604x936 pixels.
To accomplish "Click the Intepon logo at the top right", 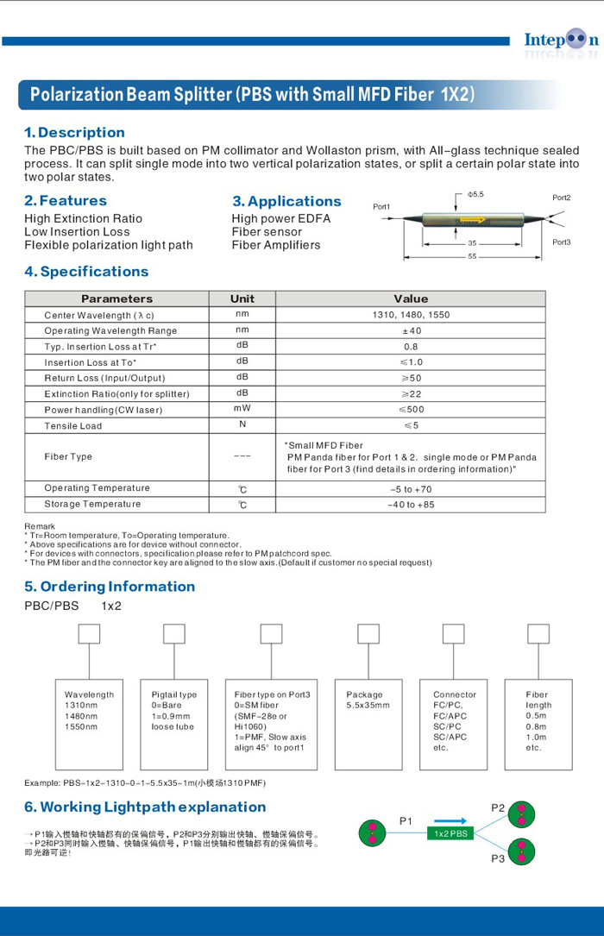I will coord(560,41).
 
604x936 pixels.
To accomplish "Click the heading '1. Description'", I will coord(74,133).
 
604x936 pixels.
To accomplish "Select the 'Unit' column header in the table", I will coord(242,298).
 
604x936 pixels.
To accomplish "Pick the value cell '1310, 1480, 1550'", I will coord(411,315).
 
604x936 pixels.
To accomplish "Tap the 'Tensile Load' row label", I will coord(73,426).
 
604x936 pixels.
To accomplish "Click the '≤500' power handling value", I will coord(411,410).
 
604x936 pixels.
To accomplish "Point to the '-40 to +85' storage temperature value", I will coord(411,505).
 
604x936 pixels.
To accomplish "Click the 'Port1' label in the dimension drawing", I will coord(381,207).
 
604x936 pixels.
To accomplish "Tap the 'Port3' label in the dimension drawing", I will coord(562,242).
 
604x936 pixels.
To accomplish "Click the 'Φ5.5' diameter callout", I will coord(475,195).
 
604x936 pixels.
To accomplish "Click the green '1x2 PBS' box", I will coord(450,833).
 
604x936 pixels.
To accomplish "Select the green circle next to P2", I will coord(521,814).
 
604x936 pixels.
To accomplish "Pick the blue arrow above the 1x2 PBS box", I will coord(450,821).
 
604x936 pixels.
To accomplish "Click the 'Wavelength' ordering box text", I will coord(89,694).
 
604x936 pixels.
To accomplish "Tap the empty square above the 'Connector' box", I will coord(453,634).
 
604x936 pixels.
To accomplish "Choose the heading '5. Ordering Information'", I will coord(110,587).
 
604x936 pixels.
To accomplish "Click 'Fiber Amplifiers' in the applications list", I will coord(275,245).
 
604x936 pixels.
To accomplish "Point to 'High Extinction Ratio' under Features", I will coord(83,219).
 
